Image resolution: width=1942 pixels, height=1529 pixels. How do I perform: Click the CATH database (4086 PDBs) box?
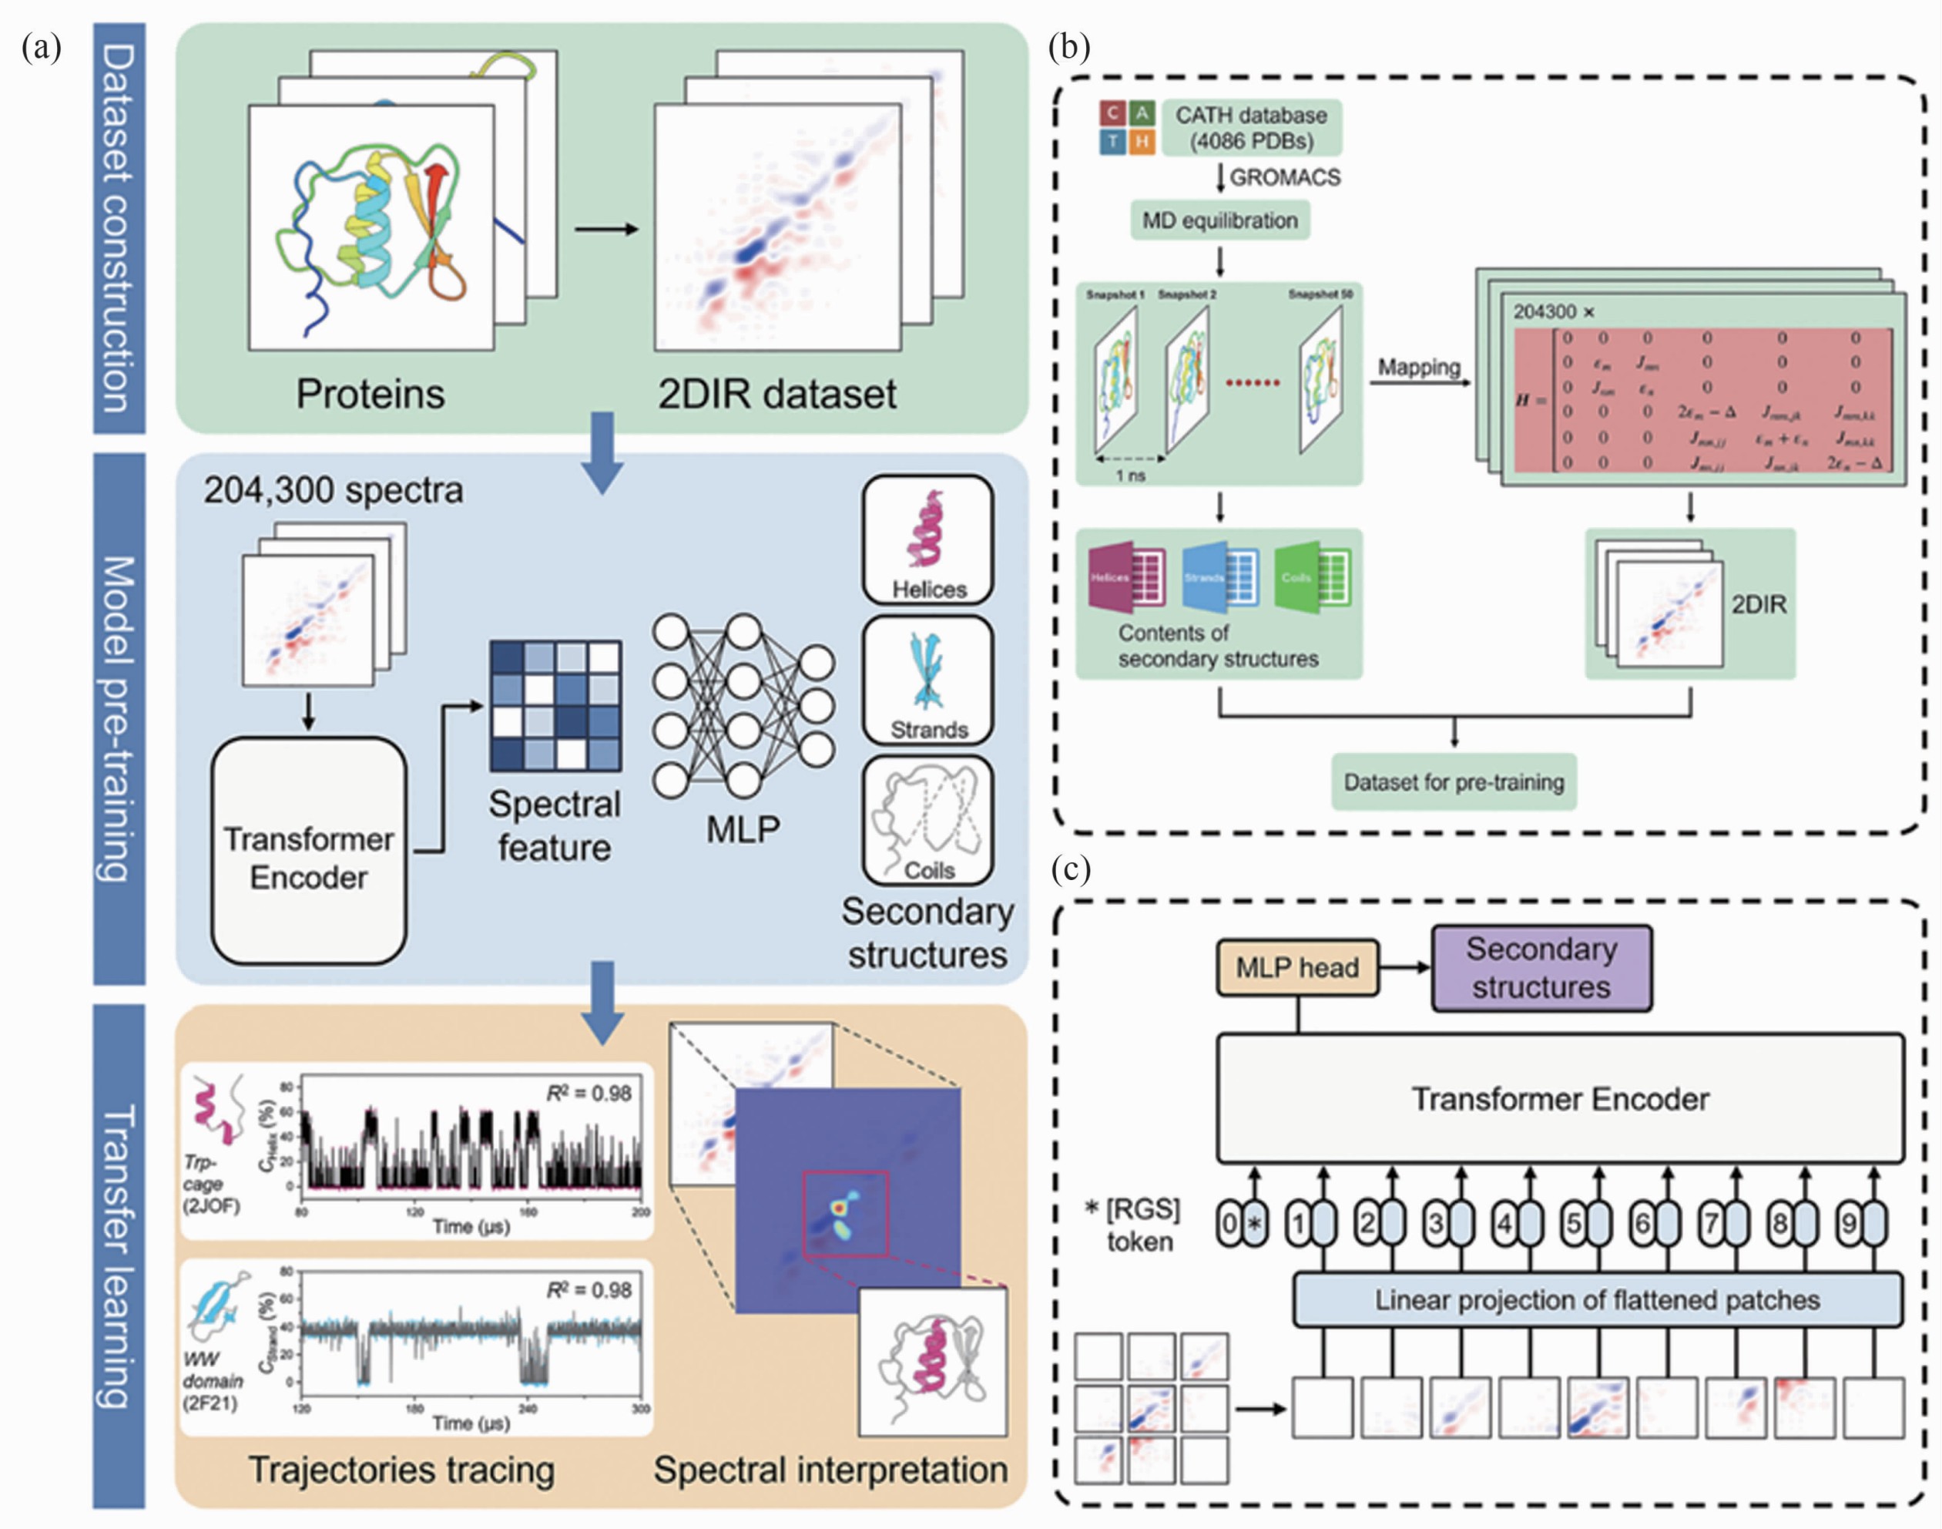tap(1250, 128)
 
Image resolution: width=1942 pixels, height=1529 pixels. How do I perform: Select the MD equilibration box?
tap(1219, 220)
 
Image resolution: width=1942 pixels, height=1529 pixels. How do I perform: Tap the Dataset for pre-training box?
tap(1454, 782)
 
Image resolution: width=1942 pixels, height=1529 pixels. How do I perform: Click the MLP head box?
tap(1296, 968)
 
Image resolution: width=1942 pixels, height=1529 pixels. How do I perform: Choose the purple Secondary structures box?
tap(1541, 968)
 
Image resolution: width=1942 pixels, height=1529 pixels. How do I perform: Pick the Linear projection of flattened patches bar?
tap(1597, 1300)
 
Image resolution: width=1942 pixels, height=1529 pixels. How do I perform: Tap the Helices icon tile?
tap(928, 539)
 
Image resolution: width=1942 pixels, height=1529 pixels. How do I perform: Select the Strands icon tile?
tap(928, 680)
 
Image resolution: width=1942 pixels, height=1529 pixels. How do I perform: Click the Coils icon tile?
tap(928, 821)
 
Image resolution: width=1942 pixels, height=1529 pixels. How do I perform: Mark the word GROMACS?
tap(1284, 177)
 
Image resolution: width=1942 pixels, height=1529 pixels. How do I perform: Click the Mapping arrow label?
tap(1418, 367)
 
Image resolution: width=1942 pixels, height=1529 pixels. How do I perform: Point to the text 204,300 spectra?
tap(333, 491)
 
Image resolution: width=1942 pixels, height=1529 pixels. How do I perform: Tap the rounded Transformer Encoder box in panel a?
tap(309, 851)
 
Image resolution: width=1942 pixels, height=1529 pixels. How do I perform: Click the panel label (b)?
tap(1068, 48)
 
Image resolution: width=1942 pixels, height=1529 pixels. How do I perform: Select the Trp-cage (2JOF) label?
tap(211, 1184)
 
